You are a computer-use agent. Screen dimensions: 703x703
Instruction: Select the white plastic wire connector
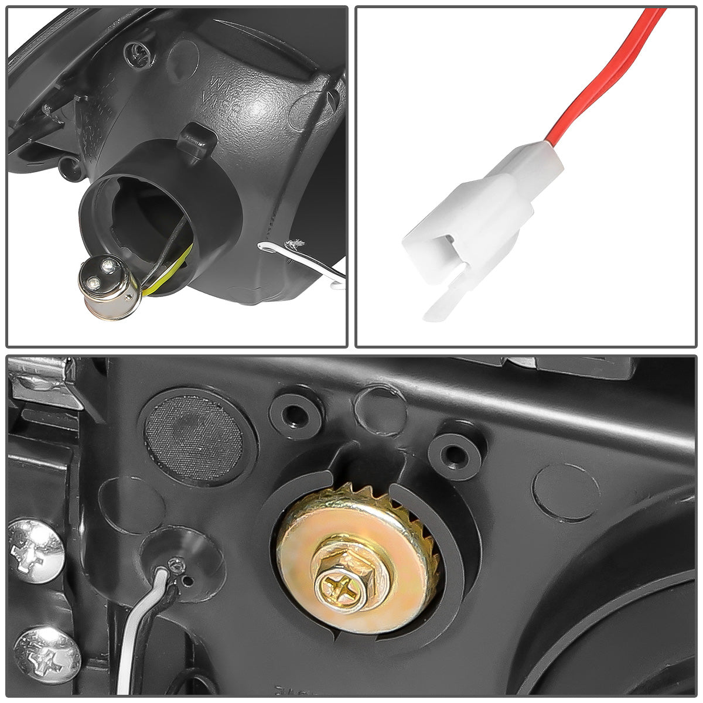[486, 217]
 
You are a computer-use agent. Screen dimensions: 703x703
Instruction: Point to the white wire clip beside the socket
[305, 258]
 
